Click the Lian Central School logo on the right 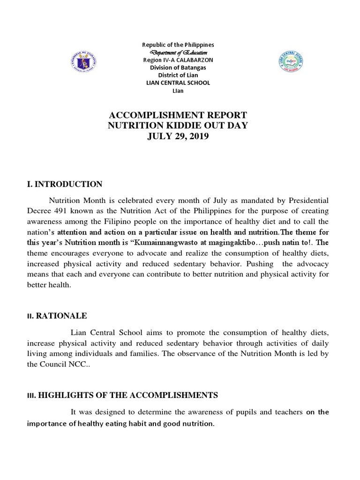[x=291, y=62]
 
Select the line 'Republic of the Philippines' [x=178, y=45]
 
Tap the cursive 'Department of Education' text [x=178, y=52]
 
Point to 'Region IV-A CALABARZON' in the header [x=178, y=60]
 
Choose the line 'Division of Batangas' [x=178, y=67]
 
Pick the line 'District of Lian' [x=178, y=75]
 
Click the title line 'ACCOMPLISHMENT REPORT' [x=178, y=116]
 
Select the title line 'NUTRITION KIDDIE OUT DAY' [x=178, y=126]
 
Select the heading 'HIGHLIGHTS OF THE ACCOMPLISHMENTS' [x=128, y=396]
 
